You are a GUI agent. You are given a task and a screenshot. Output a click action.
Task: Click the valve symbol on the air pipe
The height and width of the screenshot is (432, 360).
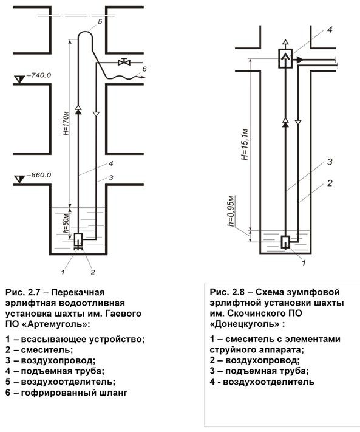click(124, 62)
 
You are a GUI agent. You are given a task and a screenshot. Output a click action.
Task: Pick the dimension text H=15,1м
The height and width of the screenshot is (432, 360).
click(245, 145)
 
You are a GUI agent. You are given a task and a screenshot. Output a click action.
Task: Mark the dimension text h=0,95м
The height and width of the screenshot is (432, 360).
click(231, 211)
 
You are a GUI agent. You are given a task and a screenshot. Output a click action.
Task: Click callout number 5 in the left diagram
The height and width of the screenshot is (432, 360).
click(100, 21)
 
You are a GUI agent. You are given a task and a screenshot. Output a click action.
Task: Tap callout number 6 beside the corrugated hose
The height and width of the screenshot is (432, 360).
click(144, 69)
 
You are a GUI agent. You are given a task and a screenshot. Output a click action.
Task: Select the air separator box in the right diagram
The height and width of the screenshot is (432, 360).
click(286, 58)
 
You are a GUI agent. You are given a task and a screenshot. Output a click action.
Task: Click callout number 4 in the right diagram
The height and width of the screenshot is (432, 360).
click(330, 30)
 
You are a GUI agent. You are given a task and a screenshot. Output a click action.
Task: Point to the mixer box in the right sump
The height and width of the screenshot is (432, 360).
click(286, 242)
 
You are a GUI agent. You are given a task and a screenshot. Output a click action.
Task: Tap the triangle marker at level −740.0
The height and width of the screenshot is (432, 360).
click(19, 80)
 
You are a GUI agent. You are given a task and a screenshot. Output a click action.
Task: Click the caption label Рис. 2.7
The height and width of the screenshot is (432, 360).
click(23, 292)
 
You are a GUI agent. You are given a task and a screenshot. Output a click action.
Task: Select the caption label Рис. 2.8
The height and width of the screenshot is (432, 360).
click(227, 292)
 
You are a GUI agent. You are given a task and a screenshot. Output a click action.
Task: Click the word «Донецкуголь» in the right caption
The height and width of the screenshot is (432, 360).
click(245, 324)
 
